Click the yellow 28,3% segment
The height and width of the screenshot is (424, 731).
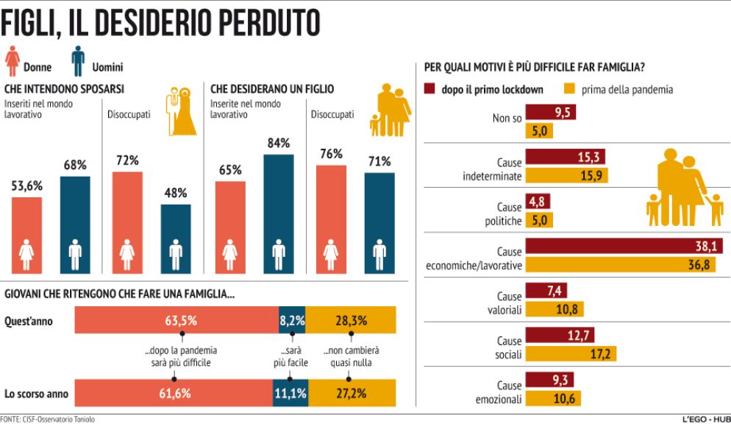tap(351, 320)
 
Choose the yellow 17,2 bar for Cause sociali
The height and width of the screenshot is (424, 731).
tap(570, 354)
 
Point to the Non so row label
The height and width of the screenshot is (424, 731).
tap(506, 119)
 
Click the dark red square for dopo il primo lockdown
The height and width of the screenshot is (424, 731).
tap(432, 89)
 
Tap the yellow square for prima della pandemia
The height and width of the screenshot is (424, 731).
tap(568, 89)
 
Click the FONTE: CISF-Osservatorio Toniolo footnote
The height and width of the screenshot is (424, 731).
tap(48, 419)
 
